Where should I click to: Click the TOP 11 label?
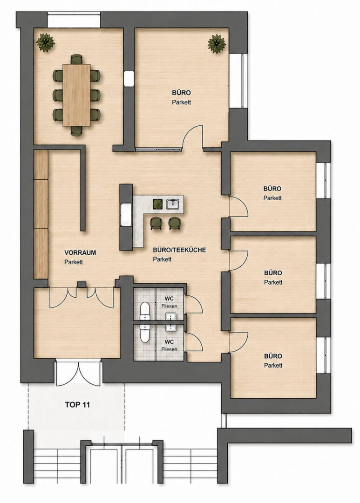click(77, 405)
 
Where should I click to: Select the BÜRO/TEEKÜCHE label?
click(179, 250)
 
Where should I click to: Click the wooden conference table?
click(77, 95)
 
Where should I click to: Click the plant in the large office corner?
click(217, 44)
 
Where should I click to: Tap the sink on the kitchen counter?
click(173, 204)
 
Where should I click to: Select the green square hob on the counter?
click(157, 204)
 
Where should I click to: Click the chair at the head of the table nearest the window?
click(77, 59)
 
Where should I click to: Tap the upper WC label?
click(169, 299)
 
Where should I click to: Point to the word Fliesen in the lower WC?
click(169, 349)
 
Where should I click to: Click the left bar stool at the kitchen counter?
click(156, 223)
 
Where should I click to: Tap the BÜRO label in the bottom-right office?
click(273, 356)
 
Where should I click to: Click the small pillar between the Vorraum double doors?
click(82, 285)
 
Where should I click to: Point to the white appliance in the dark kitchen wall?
click(125, 215)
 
